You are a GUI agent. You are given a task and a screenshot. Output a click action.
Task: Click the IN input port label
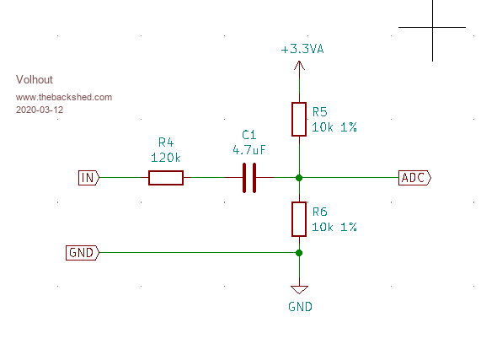[x=88, y=178]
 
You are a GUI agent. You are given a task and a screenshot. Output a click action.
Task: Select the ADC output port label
[x=414, y=178]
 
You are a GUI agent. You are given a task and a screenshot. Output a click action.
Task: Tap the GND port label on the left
[x=83, y=253]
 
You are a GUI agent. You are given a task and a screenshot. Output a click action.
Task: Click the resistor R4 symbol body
[x=166, y=178]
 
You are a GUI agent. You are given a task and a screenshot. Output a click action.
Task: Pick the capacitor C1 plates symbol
[x=249, y=178]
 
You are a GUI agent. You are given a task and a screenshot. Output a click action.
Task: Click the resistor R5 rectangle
[x=299, y=119]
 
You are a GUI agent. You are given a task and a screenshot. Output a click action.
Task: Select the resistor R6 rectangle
[x=299, y=219]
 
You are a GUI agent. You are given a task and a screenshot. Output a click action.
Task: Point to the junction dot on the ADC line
[x=299, y=178]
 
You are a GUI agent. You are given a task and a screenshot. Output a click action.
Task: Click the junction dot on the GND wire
[x=299, y=253]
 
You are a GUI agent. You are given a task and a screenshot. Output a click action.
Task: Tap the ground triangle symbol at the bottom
[x=299, y=289]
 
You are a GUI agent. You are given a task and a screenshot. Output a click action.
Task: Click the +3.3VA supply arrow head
[x=299, y=65]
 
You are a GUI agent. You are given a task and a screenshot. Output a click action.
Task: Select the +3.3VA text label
[x=302, y=49]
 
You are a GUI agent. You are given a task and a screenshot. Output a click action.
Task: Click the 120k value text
[x=165, y=158]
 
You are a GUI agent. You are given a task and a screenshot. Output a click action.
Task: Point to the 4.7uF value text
[x=249, y=150]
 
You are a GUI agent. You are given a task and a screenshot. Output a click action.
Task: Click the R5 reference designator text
[x=319, y=112]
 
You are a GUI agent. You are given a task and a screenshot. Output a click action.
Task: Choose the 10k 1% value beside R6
[x=334, y=227]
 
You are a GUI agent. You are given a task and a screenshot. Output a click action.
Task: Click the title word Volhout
[x=35, y=79]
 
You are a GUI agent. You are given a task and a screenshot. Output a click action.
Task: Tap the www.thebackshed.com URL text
[x=64, y=97]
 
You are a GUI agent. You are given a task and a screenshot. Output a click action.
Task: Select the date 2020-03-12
[x=40, y=110]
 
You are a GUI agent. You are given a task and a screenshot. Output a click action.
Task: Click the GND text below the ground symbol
[x=300, y=307]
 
